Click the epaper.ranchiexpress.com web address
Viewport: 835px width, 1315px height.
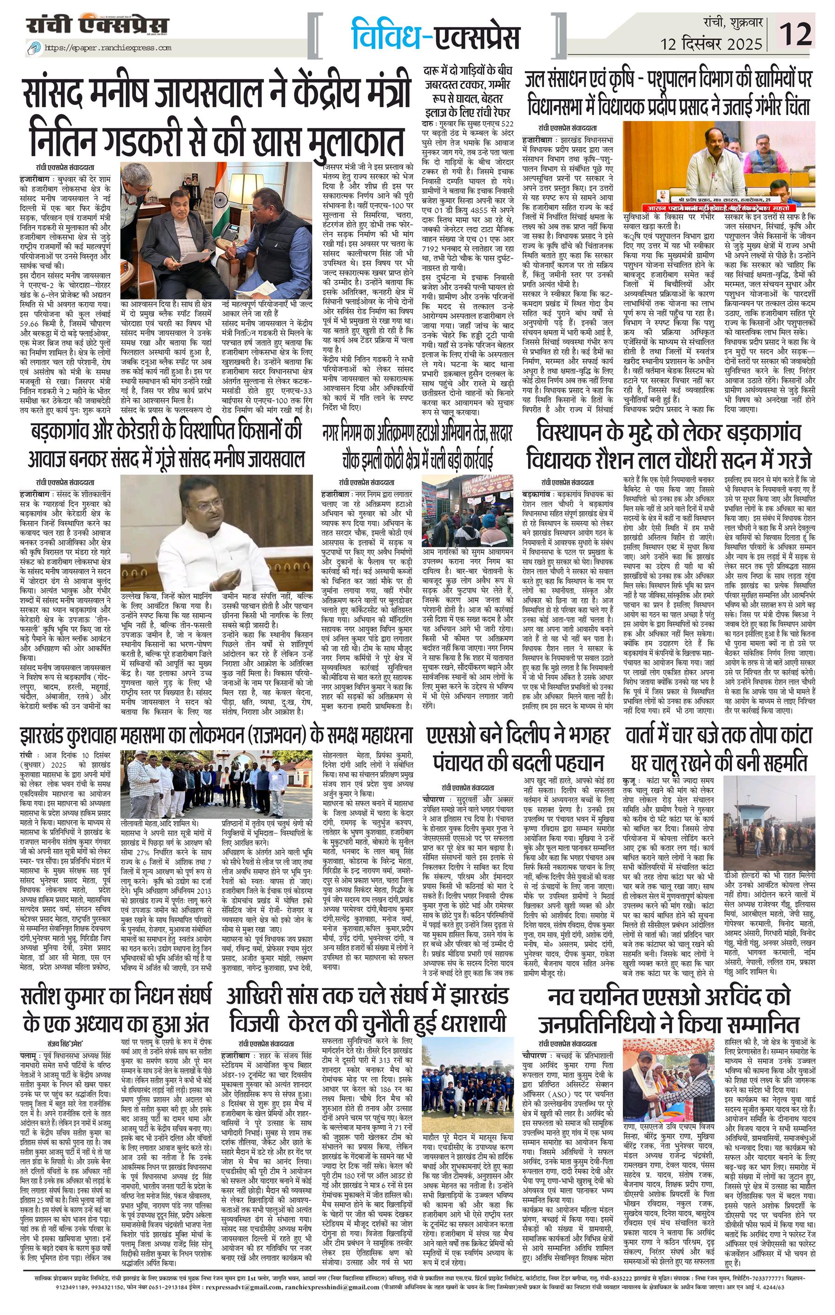(x=108, y=48)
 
